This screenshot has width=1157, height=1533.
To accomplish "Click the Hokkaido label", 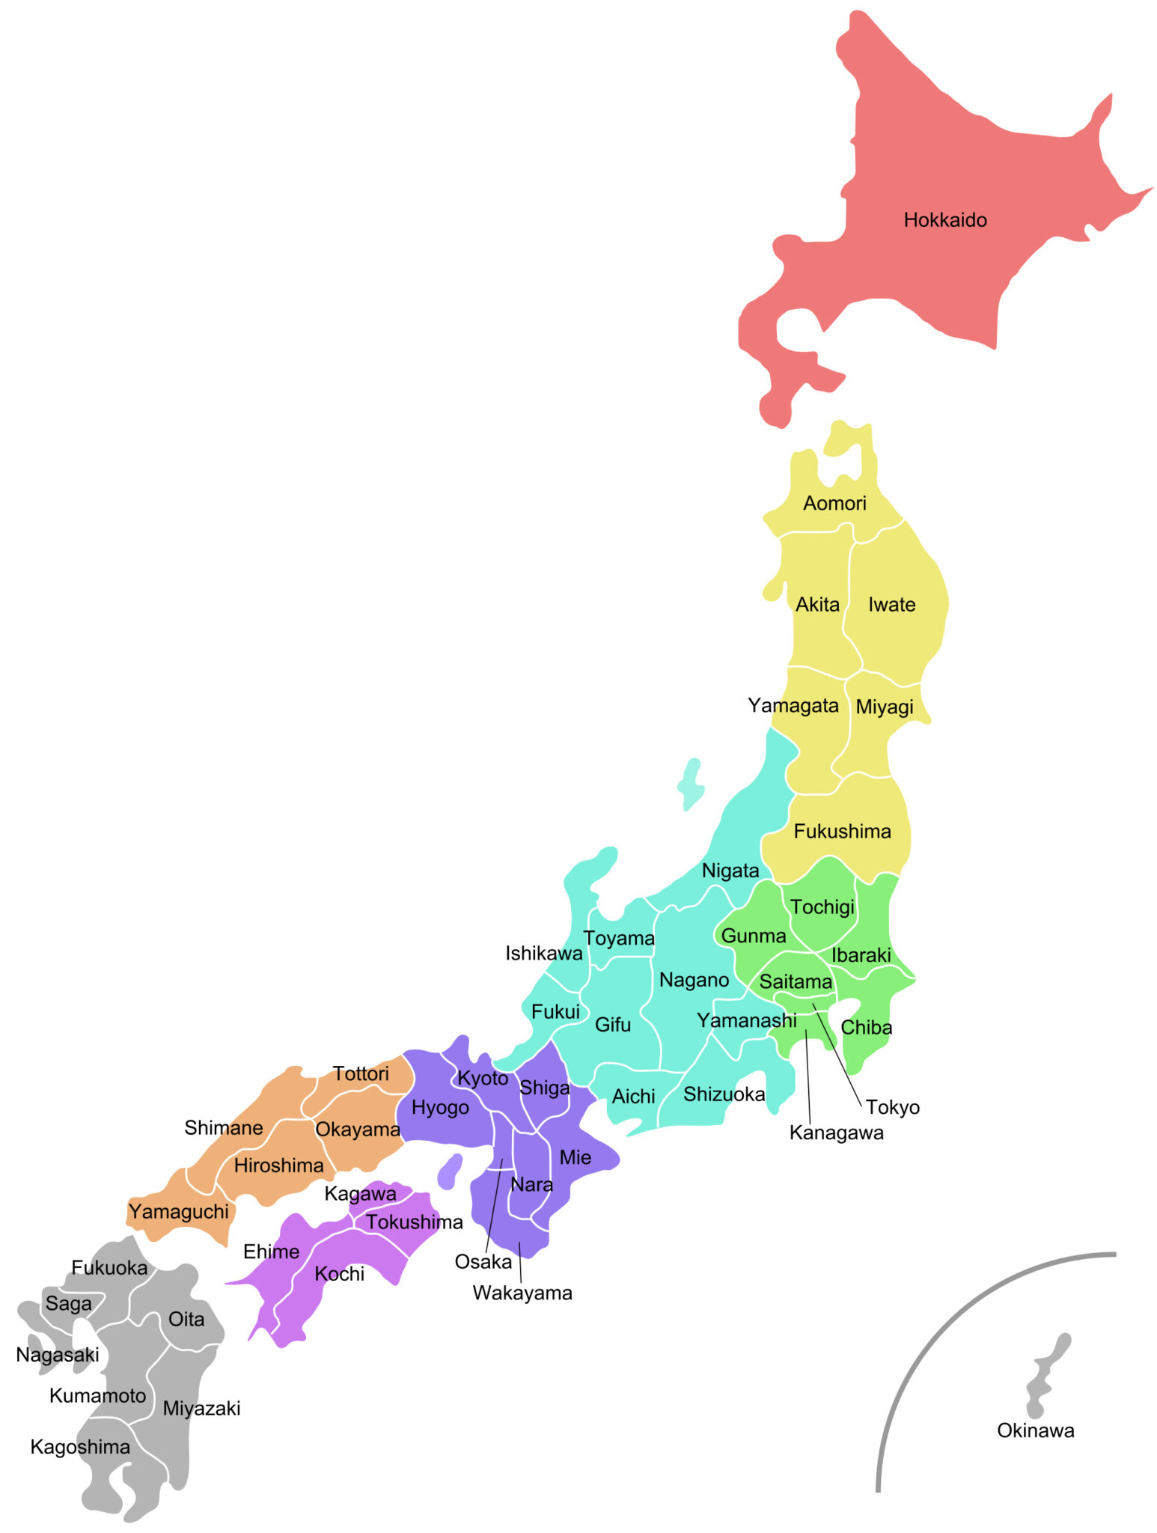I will tap(944, 220).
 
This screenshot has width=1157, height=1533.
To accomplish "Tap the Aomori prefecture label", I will tap(834, 503).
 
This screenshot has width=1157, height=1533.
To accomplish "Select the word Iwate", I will tap(891, 604).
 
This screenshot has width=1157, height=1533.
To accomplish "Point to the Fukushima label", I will tap(842, 831).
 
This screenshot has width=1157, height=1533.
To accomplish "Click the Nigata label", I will tap(730, 871).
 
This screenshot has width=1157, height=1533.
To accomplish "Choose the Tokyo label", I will tap(892, 1107).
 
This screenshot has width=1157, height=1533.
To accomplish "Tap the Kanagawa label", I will tap(836, 1133).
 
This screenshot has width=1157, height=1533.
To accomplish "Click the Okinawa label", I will tap(1035, 1430).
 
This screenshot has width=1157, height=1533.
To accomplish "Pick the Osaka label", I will tap(483, 1262).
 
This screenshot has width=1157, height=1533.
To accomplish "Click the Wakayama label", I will tap(522, 1293).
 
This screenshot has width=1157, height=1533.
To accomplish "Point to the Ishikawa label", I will tap(543, 953).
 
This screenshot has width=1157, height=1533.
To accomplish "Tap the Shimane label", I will tap(223, 1127).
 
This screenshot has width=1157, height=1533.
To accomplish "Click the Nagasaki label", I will tap(58, 1355).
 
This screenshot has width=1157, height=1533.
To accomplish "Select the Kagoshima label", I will tap(80, 1447).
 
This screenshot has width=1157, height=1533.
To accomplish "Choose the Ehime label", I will tap(271, 1252).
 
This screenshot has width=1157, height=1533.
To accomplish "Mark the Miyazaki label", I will tap(201, 1408).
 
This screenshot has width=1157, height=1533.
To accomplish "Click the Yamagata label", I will tap(793, 705).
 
